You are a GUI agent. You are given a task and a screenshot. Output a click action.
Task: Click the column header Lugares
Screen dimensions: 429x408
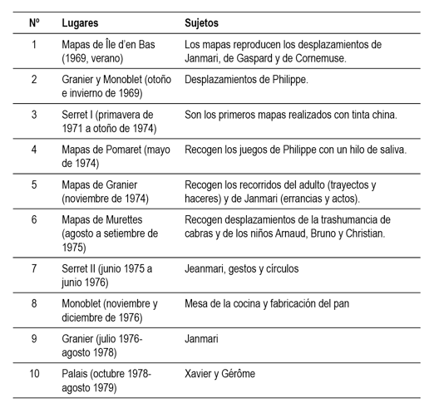[x=81, y=21]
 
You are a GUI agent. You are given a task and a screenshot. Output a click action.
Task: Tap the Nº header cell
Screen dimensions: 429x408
[x=34, y=21]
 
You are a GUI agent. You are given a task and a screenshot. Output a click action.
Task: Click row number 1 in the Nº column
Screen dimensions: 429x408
[x=34, y=43]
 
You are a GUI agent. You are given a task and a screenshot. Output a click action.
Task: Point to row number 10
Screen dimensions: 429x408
[x=34, y=374]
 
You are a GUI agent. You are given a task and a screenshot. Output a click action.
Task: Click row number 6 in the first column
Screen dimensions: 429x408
[x=34, y=219]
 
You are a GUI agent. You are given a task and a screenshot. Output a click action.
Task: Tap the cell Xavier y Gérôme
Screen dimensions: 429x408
[x=220, y=374]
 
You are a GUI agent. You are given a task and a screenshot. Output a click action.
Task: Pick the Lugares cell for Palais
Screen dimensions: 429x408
[x=106, y=380]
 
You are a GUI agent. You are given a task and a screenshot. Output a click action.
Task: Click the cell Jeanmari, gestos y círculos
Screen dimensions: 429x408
[x=241, y=268]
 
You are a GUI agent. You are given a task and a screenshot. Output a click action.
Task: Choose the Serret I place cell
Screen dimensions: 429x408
[x=108, y=120]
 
